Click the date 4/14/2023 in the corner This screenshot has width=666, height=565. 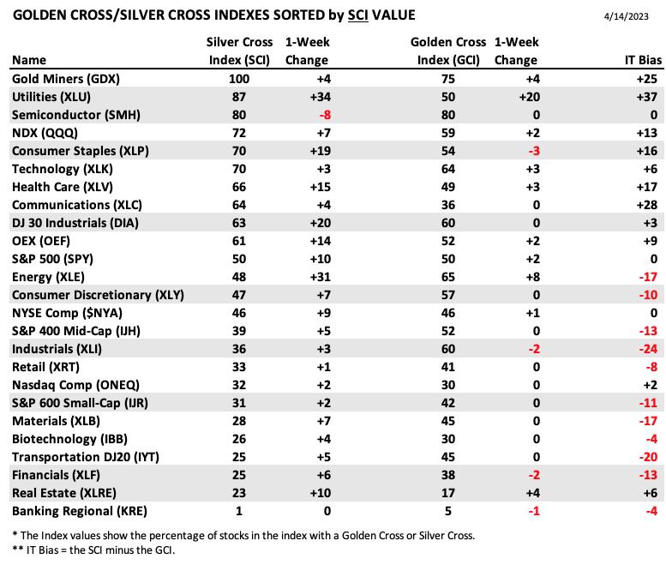coord(626,16)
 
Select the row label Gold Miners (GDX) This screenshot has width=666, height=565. coord(66,79)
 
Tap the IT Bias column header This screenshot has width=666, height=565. coord(643,60)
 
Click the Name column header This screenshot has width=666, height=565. coord(29,60)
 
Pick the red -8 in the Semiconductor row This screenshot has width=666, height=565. coord(325,115)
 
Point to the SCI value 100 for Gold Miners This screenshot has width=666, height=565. coord(239,79)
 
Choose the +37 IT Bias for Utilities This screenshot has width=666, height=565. coord(647,97)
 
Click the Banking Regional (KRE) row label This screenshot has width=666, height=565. coord(80,511)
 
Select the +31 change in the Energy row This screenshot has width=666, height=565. coord(321,277)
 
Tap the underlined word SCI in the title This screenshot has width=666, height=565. coord(358,15)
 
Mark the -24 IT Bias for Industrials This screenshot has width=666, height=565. coord(648,349)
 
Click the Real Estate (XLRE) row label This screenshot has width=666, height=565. coord(64,493)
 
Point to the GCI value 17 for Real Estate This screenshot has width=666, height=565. coord(448,493)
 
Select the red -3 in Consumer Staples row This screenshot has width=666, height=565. coord(534,151)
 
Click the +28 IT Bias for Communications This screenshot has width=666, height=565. coord(647,205)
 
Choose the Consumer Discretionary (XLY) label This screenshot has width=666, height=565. coord(98,295)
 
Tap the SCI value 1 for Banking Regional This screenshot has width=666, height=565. coord(239,511)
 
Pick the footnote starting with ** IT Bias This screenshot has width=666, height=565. coord(93,550)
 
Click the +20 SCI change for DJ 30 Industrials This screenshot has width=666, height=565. coord(321,223)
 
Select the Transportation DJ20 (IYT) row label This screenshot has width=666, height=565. coord(86,457)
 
